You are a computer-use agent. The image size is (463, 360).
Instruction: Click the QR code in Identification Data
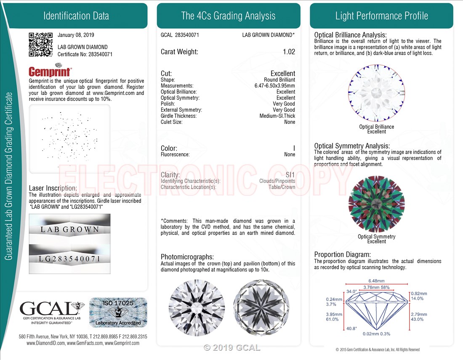[40, 44]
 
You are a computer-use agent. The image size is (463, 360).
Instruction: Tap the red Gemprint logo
[50, 72]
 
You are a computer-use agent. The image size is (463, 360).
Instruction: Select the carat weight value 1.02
[289, 52]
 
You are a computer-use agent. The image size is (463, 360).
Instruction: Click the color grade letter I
[294, 148]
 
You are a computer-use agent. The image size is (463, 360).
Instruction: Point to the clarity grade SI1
[290, 175]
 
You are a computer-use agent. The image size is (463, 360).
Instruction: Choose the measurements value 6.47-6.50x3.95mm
[272, 85]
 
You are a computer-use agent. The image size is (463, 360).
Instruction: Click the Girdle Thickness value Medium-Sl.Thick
[277, 116]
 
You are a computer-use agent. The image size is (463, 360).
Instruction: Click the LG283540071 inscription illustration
[70, 259]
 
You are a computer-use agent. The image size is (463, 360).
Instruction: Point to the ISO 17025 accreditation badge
[118, 312]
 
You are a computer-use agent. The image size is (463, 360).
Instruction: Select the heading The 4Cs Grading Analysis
[228, 16]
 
